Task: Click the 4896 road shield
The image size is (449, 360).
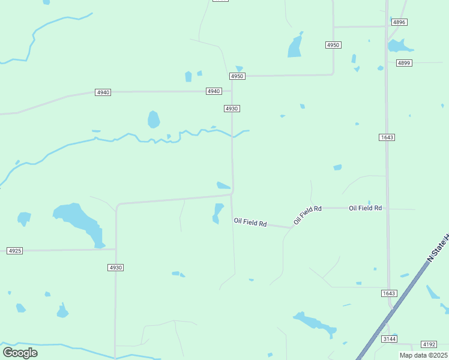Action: click(399, 22)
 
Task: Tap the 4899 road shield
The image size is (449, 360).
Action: click(404, 62)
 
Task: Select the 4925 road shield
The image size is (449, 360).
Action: click(15, 250)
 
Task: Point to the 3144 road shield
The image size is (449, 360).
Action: click(390, 339)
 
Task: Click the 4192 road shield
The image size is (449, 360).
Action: click(429, 344)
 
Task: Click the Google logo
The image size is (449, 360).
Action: click(20, 352)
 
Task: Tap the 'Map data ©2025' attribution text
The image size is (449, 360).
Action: click(423, 355)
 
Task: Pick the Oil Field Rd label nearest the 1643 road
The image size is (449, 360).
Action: click(366, 208)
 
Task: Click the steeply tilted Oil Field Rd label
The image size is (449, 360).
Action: click(307, 215)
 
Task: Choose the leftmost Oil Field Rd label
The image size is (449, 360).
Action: click(250, 223)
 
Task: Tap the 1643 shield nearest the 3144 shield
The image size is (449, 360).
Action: click(389, 293)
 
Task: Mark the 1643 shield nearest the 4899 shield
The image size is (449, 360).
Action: click(387, 137)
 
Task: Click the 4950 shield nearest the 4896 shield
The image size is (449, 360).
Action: click(334, 45)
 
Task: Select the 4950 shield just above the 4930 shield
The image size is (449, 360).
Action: click(237, 76)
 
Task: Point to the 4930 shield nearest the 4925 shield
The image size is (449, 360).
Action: click(116, 267)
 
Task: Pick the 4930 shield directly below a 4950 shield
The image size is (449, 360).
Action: click(232, 108)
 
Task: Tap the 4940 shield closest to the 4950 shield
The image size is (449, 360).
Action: click(213, 91)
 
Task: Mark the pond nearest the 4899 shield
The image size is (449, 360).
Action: click(399, 46)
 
